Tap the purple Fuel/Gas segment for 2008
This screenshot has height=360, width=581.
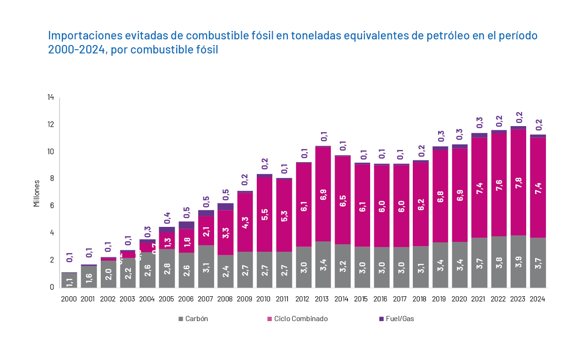[x=225, y=207]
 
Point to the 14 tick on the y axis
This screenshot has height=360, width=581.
[x=51, y=97]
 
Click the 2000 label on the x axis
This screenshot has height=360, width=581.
[x=69, y=299]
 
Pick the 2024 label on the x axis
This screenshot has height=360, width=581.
[x=538, y=299]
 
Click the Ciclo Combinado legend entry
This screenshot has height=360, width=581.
[x=300, y=319]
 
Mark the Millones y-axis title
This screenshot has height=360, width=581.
[x=37, y=193]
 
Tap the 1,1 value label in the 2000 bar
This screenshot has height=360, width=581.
[x=69, y=281]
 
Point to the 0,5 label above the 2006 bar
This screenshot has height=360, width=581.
[x=186, y=213]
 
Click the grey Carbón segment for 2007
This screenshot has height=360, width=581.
[x=206, y=266]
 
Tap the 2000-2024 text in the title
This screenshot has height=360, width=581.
[x=75, y=50]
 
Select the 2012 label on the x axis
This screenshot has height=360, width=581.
[x=304, y=299]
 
